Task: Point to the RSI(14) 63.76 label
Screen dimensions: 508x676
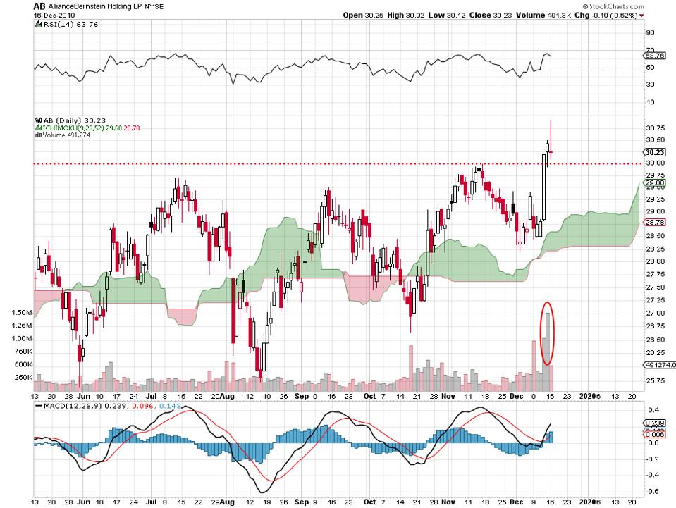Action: pyautogui.click(x=63, y=25)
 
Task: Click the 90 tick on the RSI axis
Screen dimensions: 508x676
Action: pyautogui.click(x=650, y=32)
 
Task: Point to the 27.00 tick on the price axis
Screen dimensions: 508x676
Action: pyautogui.click(x=655, y=313)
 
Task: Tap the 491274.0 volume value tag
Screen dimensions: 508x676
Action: pyautogui.click(x=660, y=365)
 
